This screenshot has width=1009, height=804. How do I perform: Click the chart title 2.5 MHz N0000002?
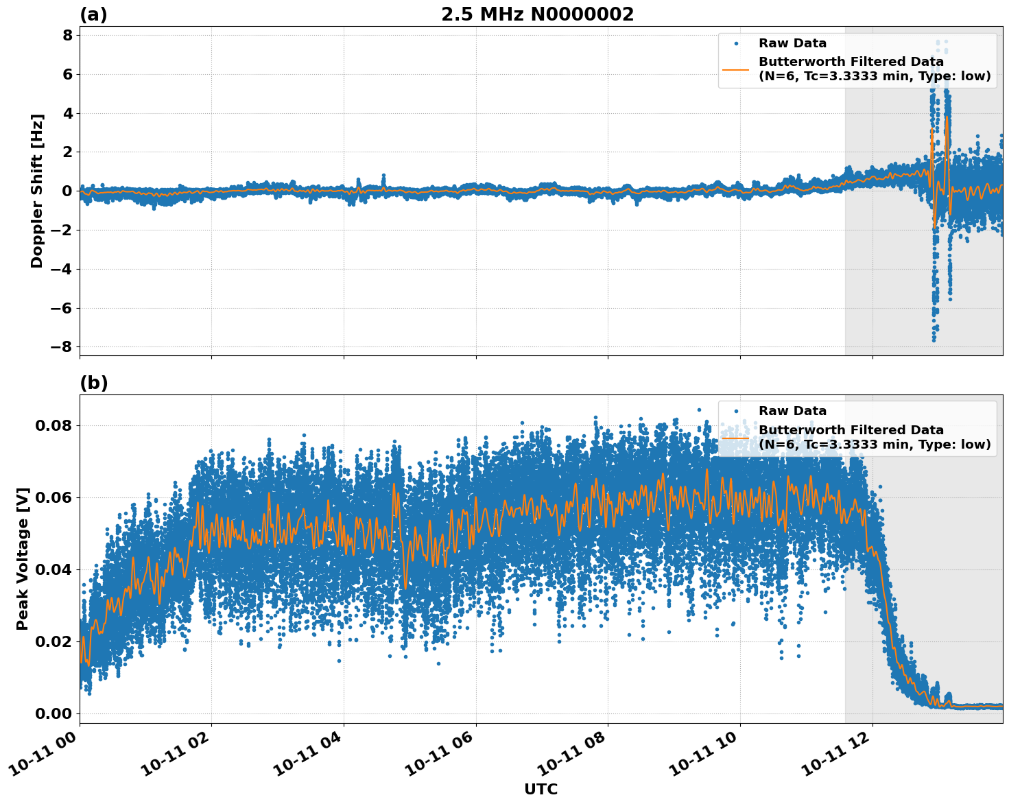(x=537, y=14)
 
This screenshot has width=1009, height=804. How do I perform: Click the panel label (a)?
(x=93, y=14)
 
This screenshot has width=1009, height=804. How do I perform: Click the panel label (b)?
(x=93, y=383)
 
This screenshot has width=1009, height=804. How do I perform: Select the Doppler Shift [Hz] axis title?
(x=37, y=191)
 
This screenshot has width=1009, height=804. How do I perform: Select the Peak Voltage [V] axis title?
(x=23, y=559)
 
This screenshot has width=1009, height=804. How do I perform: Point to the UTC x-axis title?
(x=541, y=789)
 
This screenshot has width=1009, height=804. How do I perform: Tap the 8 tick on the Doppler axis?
(x=67, y=35)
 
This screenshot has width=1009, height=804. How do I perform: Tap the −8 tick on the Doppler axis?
(x=61, y=346)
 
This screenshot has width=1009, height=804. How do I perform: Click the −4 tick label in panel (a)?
(x=61, y=269)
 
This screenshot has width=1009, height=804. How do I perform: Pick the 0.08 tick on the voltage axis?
(x=53, y=425)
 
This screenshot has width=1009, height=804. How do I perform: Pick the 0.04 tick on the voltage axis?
(x=53, y=569)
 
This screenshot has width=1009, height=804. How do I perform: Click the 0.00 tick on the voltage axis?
(x=53, y=713)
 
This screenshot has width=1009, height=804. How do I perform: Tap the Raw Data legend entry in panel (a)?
(x=792, y=43)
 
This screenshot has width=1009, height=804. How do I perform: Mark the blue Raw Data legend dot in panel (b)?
(x=737, y=412)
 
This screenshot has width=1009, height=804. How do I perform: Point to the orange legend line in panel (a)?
(x=737, y=69)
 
